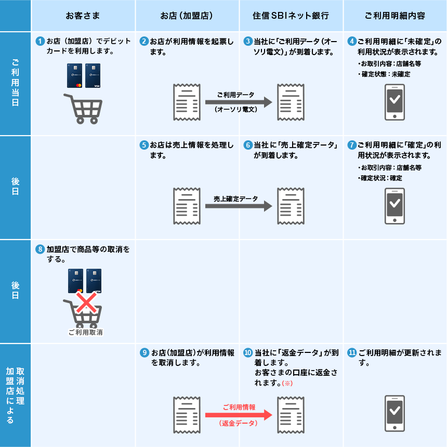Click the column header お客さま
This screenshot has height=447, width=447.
tap(83, 16)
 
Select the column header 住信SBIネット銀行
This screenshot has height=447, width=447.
tap(292, 16)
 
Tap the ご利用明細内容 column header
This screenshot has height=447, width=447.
tap(395, 16)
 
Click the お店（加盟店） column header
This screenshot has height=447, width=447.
tap(187, 16)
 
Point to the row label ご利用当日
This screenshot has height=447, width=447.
tap(16, 83)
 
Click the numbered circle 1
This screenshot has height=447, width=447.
tap(40, 41)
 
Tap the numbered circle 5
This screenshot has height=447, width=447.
tap(144, 145)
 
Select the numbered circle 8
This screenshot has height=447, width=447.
tap(40, 249)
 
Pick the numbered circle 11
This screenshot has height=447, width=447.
tap(352, 352)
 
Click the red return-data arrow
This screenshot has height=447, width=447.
tap(239, 415)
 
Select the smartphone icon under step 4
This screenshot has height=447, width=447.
tap(395, 101)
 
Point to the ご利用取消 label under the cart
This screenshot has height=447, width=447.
tap(86, 332)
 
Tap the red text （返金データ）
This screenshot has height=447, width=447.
tap(239, 424)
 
